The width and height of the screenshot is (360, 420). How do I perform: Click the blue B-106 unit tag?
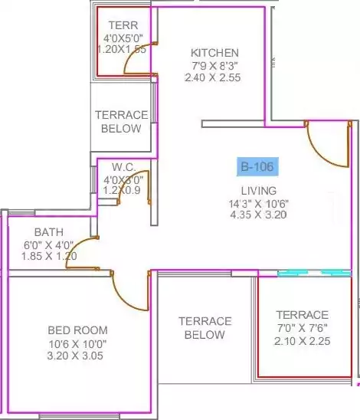pyautogui.click(x=257, y=166)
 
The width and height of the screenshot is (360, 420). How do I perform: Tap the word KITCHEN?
pyautogui.click(x=214, y=53)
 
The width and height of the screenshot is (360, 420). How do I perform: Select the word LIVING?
pyautogui.click(x=259, y=191)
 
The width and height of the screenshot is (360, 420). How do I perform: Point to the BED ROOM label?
pyautogui.click(x=77, y=330)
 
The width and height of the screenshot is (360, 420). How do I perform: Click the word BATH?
pyautogui.click(x=49, y=232)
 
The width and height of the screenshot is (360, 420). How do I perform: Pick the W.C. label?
pyautogui.click(x=123, y=167)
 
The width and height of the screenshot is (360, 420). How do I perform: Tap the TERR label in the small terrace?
pyautogui.click(x=123, y=25)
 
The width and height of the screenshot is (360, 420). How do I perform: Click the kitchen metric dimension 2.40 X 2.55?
pyautogui.click(x=213, y=77)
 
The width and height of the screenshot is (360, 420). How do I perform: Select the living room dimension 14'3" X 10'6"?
pyautogui.click(x=259, y=204)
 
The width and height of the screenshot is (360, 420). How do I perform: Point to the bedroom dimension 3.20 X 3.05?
pyautogui.click(x=75, y=356)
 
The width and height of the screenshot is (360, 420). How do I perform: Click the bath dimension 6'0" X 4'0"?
pyautogui.click(x=49, y=244)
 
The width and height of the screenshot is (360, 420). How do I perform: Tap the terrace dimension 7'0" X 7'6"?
pyautogui.click(x=303, y=328)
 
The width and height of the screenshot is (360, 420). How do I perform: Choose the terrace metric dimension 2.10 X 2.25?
pyautogui.click(x=303, y=341)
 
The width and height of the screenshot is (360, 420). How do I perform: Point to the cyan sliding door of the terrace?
pyautogui.click(x=314, y=273)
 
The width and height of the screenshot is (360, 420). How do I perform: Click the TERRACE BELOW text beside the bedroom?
pyautogui.click(x=205, y=328)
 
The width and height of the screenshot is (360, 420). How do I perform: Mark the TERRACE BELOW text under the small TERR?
pyautogui.click(x=122, y=122)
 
